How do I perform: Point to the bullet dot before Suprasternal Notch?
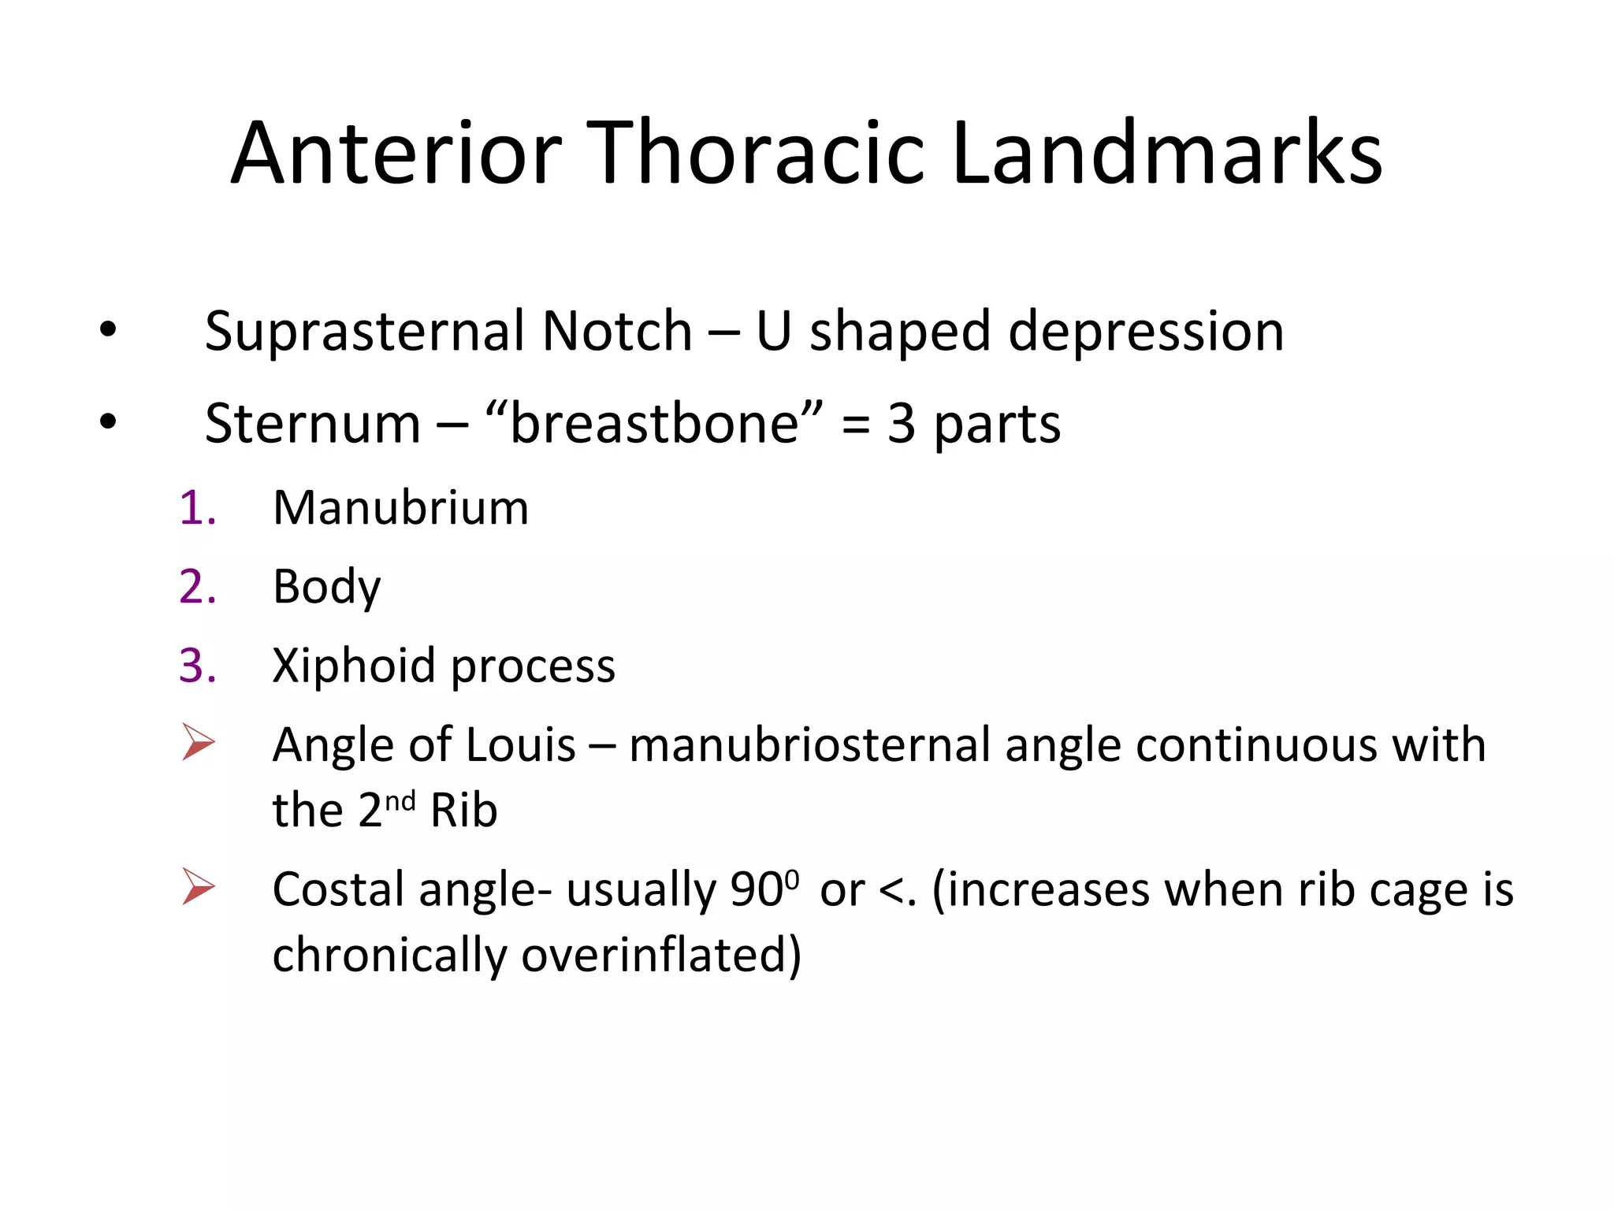[x=108, y=330]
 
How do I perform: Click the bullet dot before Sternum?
[x=108, y=422]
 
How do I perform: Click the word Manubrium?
[x=400, y=507]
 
